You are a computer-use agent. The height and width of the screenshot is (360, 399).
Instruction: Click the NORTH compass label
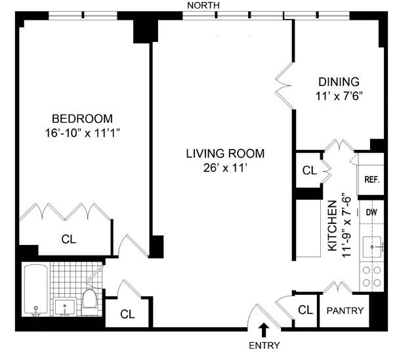point(203,5)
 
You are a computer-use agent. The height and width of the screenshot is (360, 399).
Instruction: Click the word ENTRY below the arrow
point(264,346)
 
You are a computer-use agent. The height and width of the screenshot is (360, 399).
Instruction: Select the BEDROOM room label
point(82,119)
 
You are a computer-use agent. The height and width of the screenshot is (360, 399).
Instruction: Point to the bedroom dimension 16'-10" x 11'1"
point(82,133)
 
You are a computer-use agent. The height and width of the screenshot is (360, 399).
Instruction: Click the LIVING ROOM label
point(225,154)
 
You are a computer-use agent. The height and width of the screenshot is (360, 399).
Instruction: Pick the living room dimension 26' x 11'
point(225,168)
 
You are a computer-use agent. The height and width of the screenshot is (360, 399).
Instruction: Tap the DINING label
point(339,81)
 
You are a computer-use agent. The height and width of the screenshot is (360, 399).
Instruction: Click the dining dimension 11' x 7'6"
point(339,96)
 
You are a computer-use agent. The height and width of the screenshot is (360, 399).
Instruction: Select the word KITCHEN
point(332,226)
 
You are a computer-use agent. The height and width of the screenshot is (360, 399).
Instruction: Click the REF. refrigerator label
point(372,179)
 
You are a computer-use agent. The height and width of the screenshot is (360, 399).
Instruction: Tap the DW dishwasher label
point(371,212)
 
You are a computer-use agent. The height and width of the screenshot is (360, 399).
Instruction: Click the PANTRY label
point(345,311)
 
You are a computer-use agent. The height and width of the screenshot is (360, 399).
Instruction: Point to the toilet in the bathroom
point(89,302)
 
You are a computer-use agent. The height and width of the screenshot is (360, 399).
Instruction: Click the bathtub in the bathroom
point(36,290)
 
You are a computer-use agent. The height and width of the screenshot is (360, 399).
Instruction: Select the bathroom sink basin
point(65,307)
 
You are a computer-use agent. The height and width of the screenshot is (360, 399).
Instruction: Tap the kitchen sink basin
point(372,247)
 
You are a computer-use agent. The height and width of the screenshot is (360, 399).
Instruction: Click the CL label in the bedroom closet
point(69,239)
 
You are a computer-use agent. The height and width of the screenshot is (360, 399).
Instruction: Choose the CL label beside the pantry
point(305,310)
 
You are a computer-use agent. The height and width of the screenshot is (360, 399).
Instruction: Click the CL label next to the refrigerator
point(310,170)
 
